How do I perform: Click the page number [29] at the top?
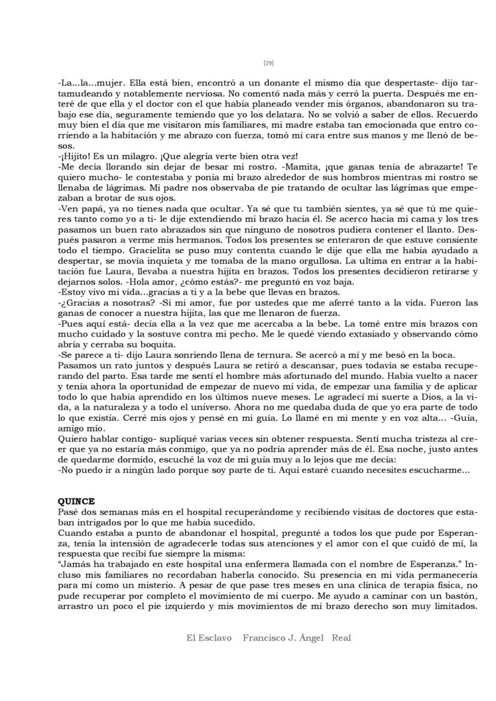point(268,63)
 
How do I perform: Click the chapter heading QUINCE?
point(76,501)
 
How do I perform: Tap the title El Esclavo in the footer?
point(208,638)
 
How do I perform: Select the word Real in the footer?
point(341,638)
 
